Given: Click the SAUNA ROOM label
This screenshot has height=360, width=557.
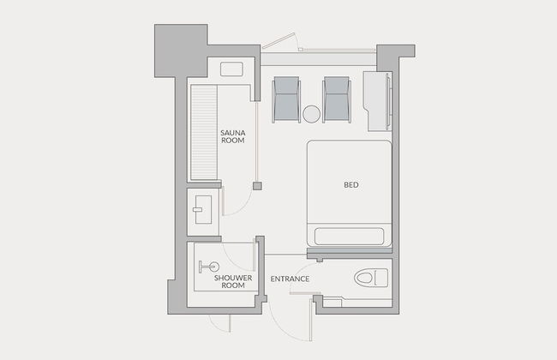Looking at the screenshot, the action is pos(233,136).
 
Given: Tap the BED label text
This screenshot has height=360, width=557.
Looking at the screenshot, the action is pos(351,185).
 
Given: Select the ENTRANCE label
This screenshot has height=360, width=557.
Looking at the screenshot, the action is pos(290,279).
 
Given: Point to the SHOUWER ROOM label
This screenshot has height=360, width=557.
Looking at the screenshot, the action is pos(233,281).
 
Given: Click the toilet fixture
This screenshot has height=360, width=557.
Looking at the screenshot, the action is pos(371,277).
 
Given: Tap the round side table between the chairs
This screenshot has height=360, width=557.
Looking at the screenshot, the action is pos(311,114).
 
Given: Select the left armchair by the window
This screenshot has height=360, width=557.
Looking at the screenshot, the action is pos(286,100).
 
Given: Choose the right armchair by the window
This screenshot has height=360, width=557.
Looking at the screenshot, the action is pos(337,100).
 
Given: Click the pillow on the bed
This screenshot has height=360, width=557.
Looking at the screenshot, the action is pos(349,237).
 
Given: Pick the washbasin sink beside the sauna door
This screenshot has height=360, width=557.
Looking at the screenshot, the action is pos(203,210).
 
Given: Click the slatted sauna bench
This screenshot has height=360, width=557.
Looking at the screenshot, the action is pos(204,132).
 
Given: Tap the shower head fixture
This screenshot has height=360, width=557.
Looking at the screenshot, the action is pos(209,267).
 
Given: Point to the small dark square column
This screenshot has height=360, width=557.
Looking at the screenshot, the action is pos(257,186).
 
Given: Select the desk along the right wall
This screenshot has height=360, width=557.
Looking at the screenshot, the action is pos(377,101).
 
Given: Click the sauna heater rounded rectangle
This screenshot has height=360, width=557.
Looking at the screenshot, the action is pos(231,69).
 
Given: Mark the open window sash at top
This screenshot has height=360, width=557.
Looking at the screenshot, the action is pos(279,41).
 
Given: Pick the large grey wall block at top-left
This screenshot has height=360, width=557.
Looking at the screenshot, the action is pos(181,51).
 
